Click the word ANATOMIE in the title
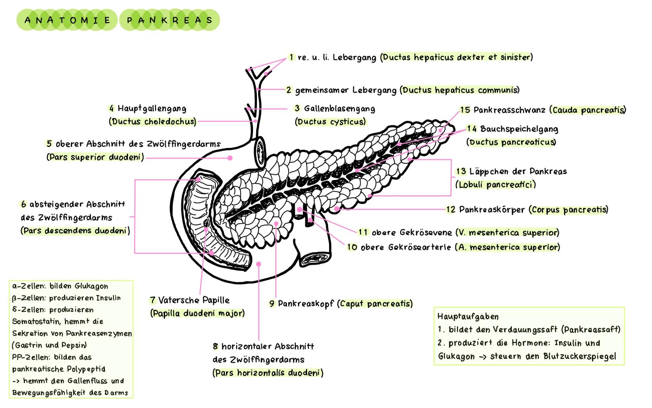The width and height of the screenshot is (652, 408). click(x=68, y=20)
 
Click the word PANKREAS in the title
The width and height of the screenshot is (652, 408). click(x=169, y=20)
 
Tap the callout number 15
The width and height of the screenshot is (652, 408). click(x=465, y=110)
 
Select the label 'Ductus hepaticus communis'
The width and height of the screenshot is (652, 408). click(x=461, y=90)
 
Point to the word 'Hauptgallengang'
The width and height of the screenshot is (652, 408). click(x=152, y=109)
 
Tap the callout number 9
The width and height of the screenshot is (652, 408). click(x=272, y=304)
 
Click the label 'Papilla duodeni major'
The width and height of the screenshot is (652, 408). click(x=197, y=313)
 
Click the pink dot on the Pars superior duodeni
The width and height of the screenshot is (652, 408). click(x=230, y=158)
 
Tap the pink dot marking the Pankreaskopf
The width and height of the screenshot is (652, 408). click(x=276, y=224)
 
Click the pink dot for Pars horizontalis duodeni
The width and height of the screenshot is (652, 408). click(x=258, y=264)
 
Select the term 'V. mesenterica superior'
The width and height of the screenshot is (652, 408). click(x=507, y=232)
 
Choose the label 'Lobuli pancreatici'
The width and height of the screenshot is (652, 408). click(x=495, y=185)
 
